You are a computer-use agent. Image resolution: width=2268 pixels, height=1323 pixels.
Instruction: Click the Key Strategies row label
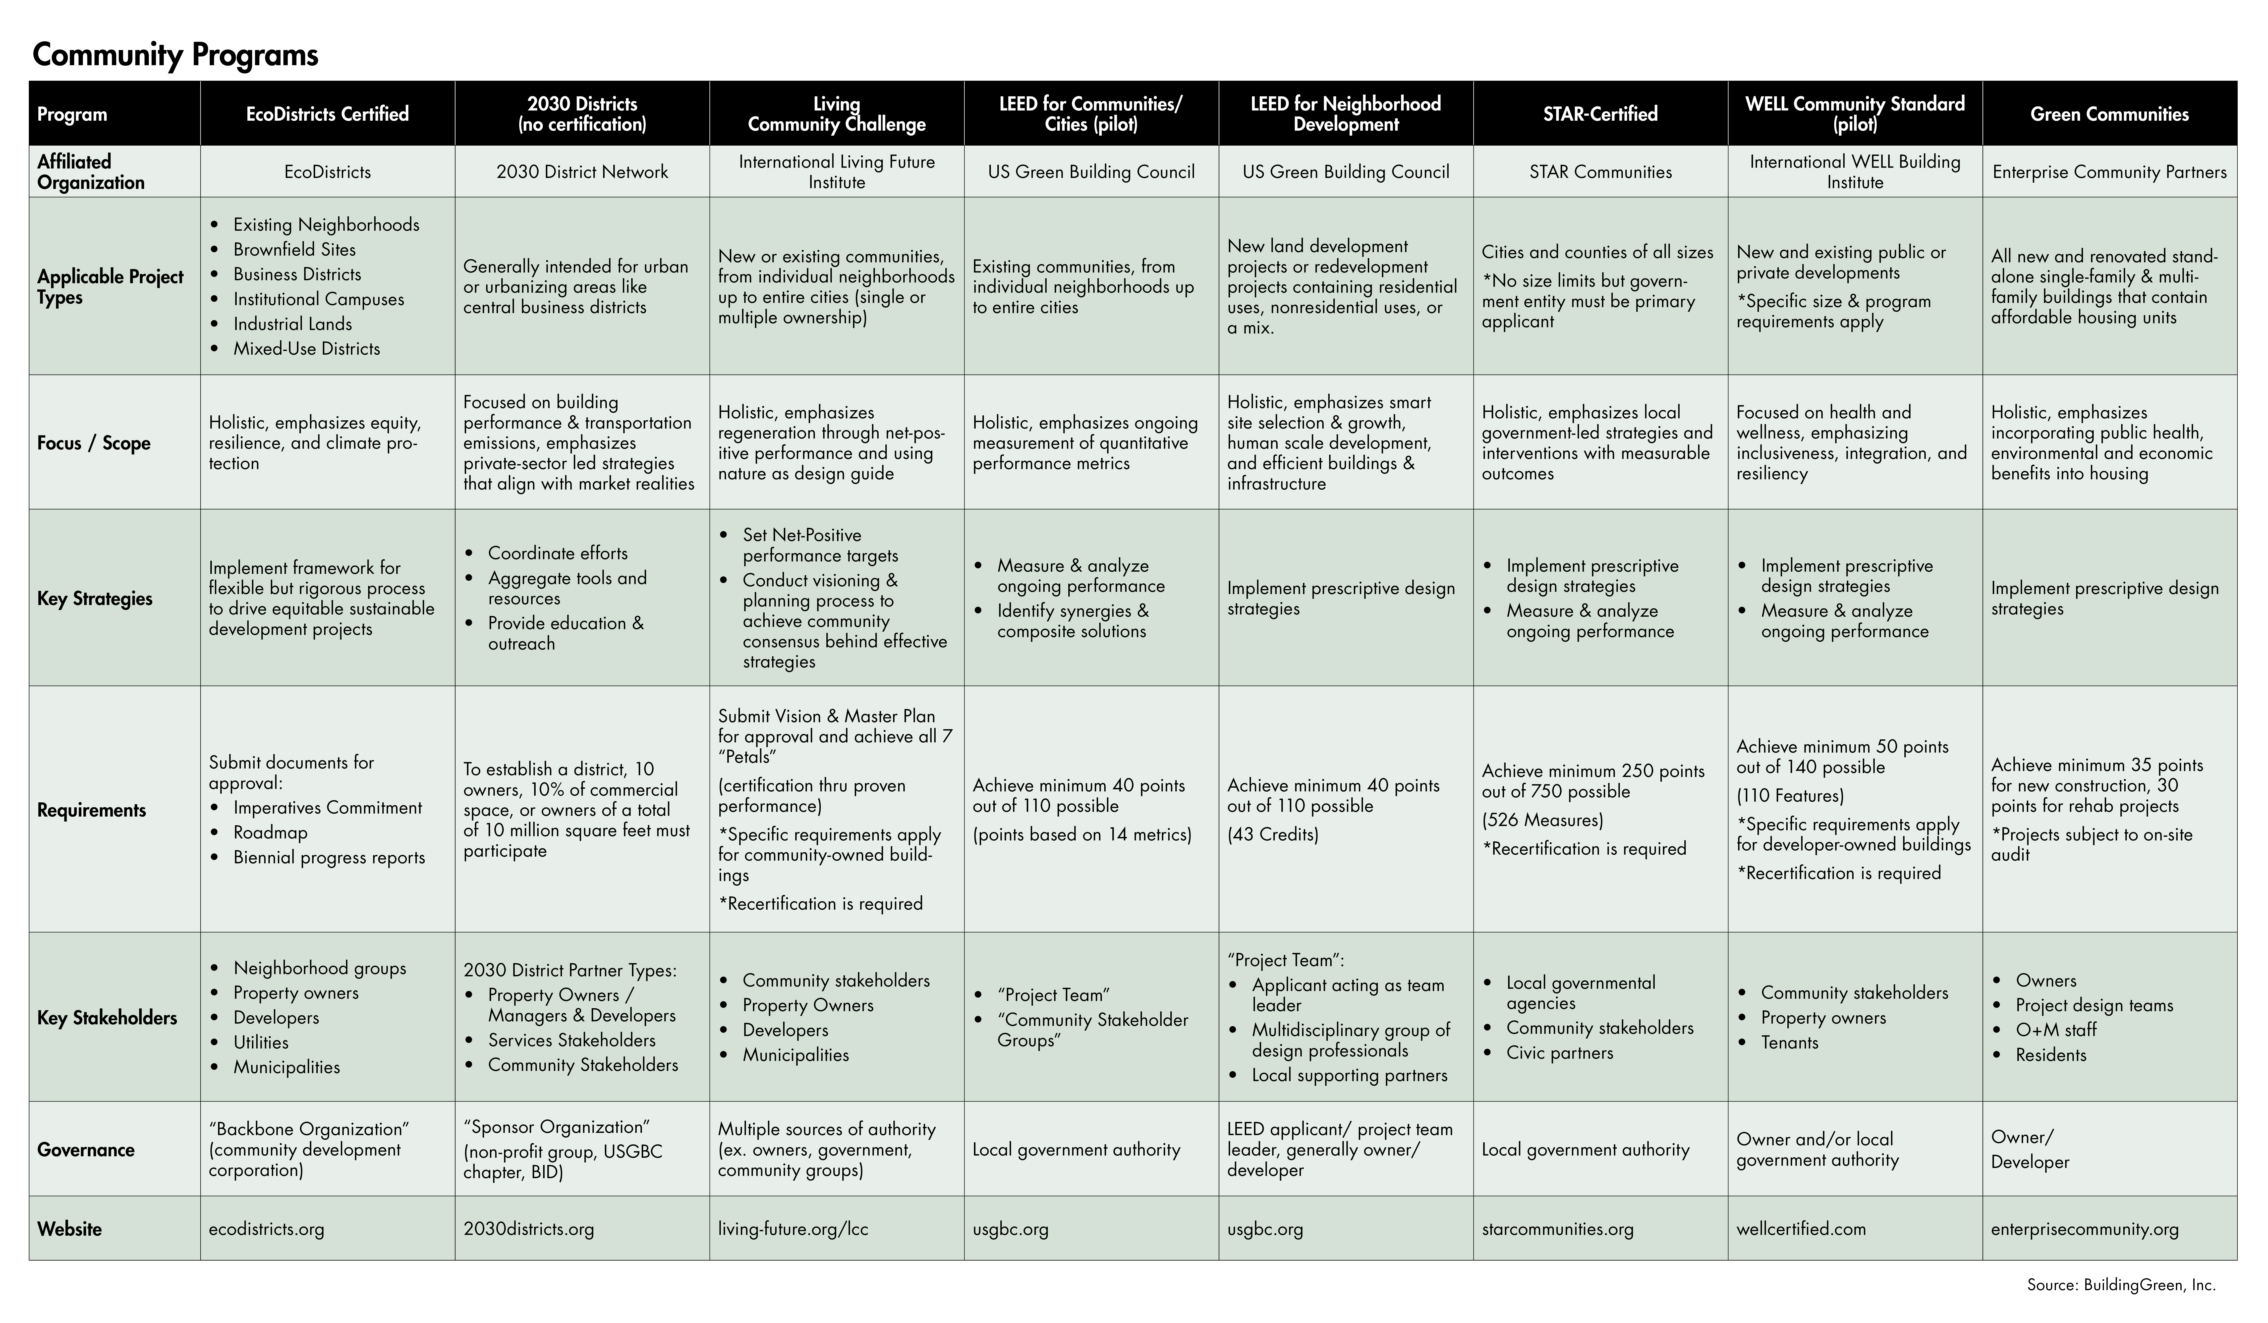pyautogui.click(x=95, y=599)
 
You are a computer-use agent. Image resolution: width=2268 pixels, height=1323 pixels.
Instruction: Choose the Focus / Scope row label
pyautogui.click(x=94, y=443)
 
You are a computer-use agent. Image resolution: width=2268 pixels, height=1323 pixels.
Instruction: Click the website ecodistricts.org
pyautogui.click(x=266, y=1228)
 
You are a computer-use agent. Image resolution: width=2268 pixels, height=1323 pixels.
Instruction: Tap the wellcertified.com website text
pyautogui.click(x=1801, y=1228)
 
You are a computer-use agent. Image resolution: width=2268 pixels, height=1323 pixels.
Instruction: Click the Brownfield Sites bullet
pyautogui.click(x=294, y=249)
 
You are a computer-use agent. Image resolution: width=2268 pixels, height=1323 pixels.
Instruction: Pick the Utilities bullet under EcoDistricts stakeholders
pyautogui.click(x=261, y=1042)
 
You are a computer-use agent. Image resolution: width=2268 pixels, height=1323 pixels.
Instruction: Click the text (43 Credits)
pyautogui.click(x=1273, y=834)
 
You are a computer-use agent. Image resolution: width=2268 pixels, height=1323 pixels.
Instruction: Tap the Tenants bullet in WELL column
pyautogui.click(x=1789, y=1042)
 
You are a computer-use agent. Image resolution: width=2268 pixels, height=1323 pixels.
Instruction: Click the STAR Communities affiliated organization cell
pyautogui.click(x=1599, y=172)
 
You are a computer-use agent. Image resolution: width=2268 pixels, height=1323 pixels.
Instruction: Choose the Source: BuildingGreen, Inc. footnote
pyautogui.click(x=2120, y=1285)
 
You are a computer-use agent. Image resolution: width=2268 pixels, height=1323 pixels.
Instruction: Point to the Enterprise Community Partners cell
pyautogui.click(x=2109, y=172)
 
